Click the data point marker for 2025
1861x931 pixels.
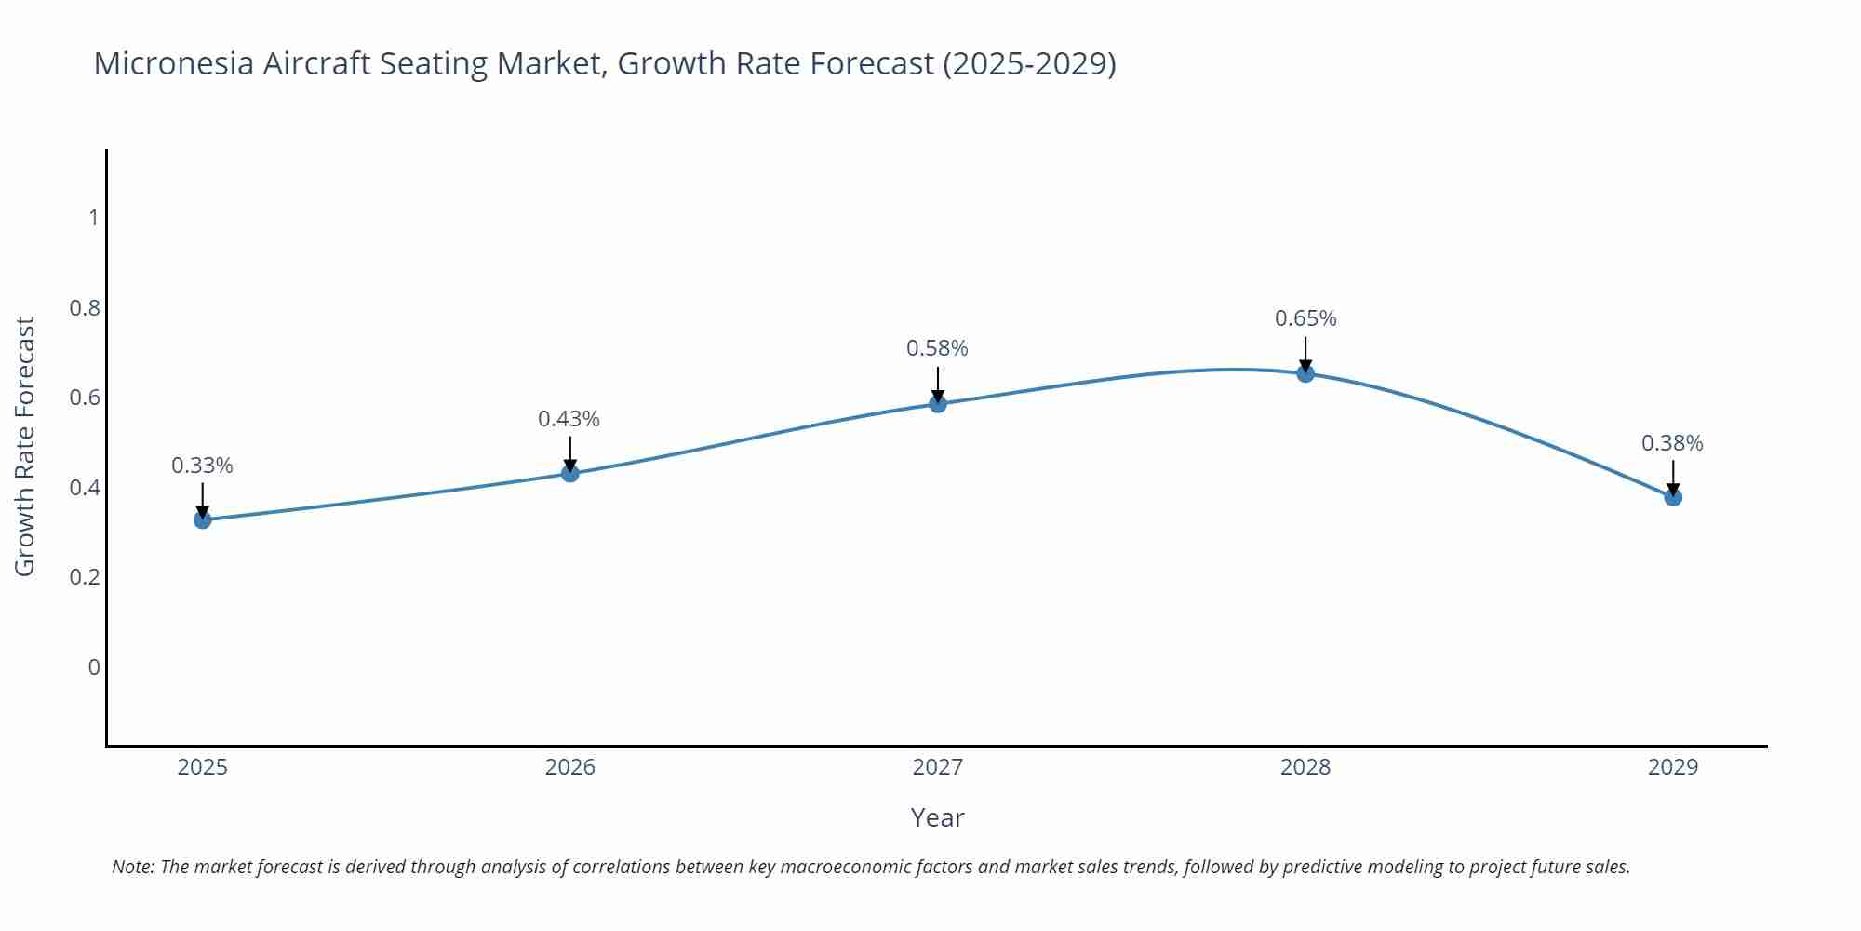coord(203,519)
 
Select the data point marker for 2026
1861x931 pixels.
coord(570,473)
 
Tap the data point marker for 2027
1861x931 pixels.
coord(938,403)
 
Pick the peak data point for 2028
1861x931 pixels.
coord(1305,373)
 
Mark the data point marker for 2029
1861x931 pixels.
coord(1673,497)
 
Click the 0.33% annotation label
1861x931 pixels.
coord(202,465)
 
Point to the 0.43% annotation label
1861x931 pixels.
coord(569,419)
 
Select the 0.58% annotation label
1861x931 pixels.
coord(937,348)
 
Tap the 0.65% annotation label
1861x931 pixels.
coord(1305,318)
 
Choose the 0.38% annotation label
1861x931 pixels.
coord(1672,443)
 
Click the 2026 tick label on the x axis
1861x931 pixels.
coord(570,767)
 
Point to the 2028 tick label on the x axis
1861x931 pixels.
coord(1305,767)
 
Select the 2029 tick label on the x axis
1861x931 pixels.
coord(1673,767)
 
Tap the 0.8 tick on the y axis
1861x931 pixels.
coord(85,307)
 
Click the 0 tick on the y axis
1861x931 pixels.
coord(94,667)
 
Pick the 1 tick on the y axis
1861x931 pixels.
coord(94,218)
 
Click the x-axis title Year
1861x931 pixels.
coord(937,817)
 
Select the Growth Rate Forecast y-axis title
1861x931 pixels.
coord(25,446)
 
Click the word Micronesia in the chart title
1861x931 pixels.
coord(173,63)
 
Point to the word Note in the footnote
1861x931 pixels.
coord(132,867)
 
